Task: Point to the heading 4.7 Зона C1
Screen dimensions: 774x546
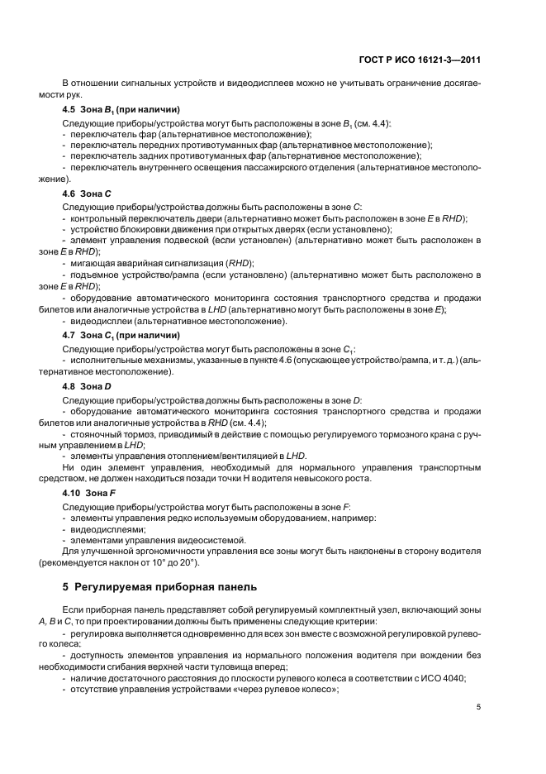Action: point(121,335)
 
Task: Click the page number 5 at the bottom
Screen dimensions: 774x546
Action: point(479,708)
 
